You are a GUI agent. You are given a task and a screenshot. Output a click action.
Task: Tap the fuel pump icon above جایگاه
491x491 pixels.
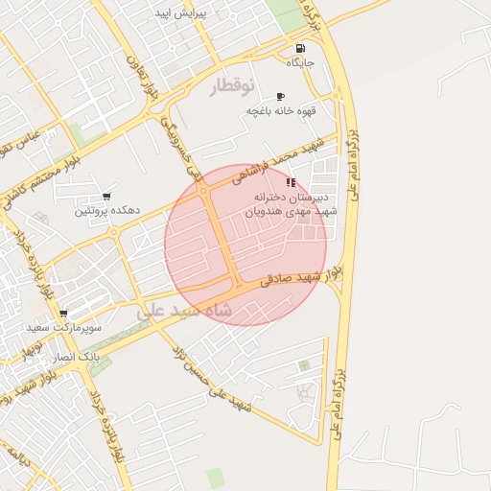[x=301, y=48]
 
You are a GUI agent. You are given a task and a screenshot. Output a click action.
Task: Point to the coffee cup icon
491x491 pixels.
[x=280, y=96]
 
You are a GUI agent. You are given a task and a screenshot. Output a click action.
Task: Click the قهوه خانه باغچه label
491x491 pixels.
[x=281, y=111]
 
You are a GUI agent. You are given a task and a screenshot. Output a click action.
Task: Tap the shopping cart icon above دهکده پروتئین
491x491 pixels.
[x=107, y=195]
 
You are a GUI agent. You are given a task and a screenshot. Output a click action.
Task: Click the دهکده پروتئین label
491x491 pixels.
[x=108, y=209]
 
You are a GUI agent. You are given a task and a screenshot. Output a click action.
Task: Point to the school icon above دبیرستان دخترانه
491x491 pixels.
[x=291, y=182]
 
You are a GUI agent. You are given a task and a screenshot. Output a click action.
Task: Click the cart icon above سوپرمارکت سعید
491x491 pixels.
[x=63, y=314]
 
